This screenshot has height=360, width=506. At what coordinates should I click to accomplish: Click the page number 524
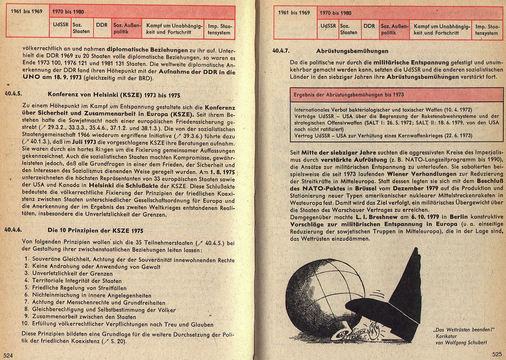(x=8, y=355)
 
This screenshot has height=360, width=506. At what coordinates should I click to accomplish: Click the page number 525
(x=496, y=354)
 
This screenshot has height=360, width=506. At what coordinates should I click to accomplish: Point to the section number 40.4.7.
(x=281, y=51)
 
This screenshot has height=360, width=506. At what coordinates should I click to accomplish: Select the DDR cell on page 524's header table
(x=102, y=25)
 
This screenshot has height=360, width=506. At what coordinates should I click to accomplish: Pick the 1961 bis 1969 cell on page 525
(x=295, y=13)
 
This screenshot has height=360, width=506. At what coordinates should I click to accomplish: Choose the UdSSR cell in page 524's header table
(x=61, y=25)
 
